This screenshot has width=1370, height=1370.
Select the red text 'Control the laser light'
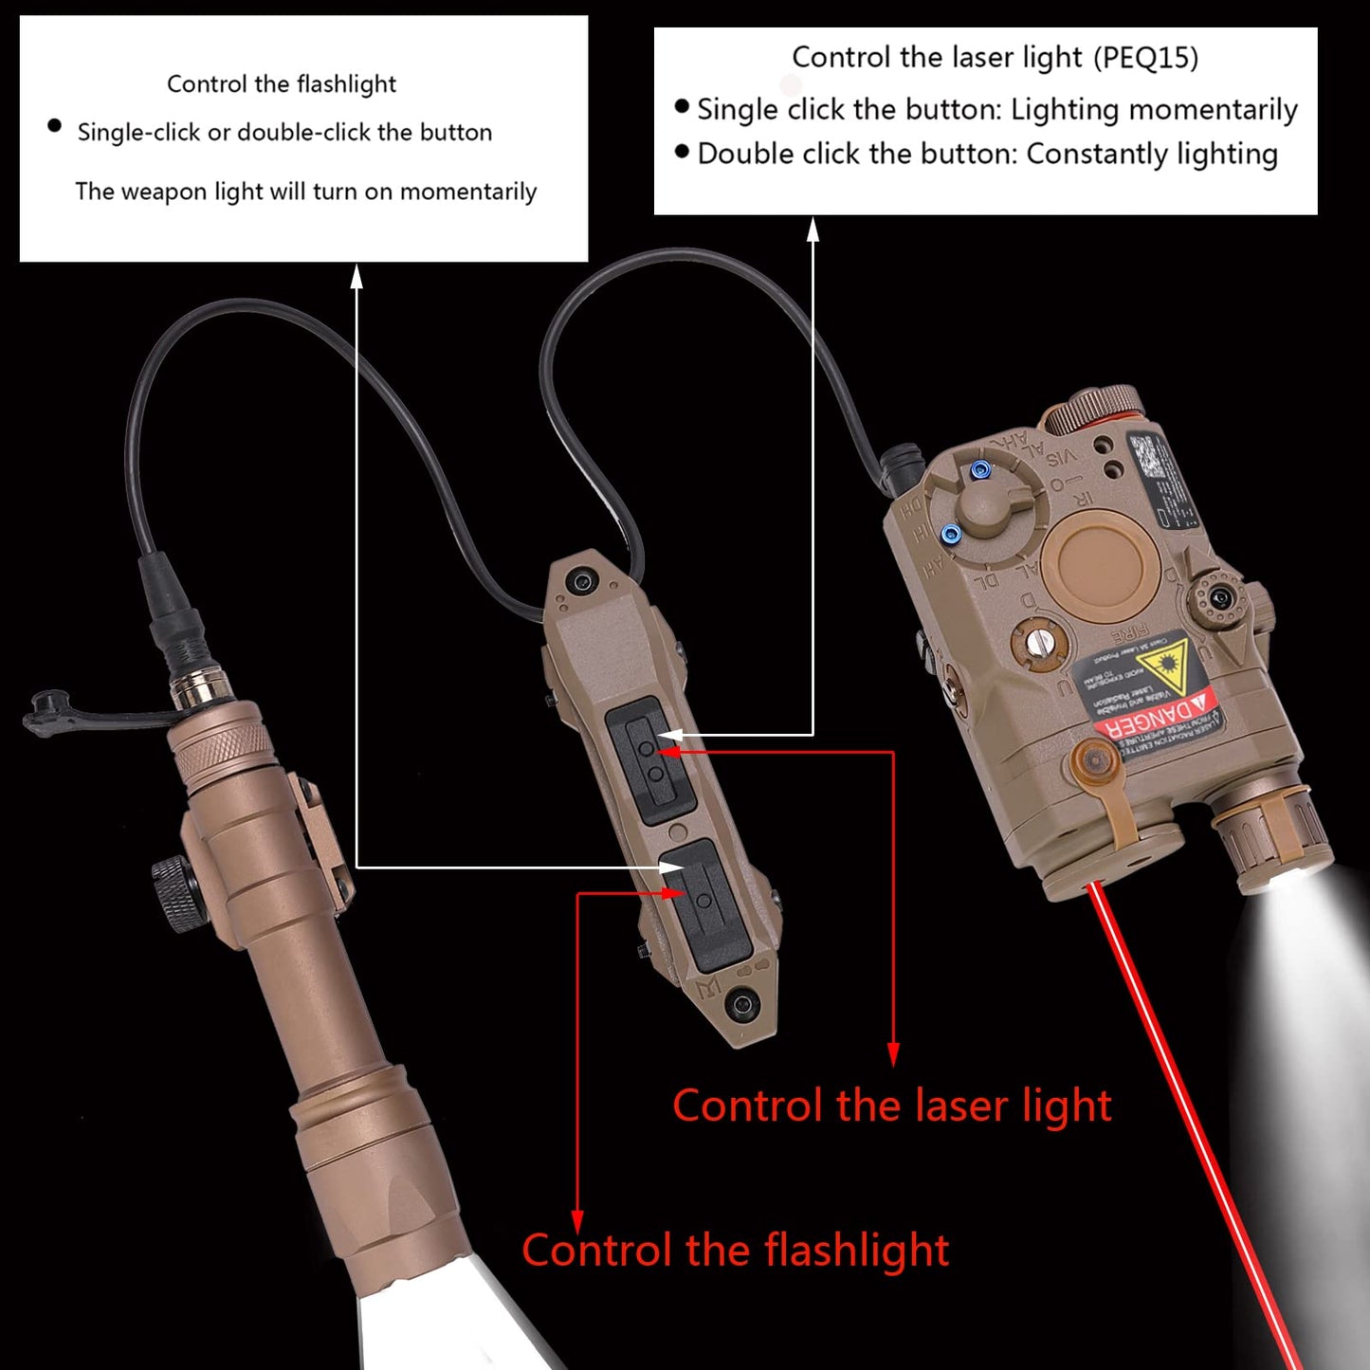891,1106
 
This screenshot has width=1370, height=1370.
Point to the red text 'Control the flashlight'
735,1251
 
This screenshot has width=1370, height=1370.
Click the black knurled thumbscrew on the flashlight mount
177,889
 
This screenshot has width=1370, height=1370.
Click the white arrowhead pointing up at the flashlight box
356,276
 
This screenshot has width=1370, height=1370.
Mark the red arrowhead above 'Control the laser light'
893,1054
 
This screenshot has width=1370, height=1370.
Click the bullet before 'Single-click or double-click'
54,126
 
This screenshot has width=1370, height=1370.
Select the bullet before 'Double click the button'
682,152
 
